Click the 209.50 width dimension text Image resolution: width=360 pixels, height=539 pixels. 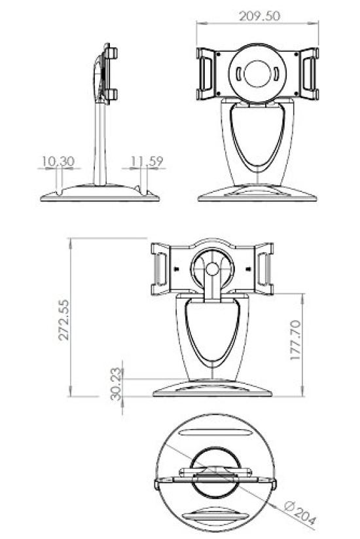[257, 16]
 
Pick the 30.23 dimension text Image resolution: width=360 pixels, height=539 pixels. [116, 383]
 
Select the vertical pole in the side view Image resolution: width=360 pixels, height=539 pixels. [101, 144]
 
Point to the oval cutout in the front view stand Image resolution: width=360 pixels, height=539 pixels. [258, 141]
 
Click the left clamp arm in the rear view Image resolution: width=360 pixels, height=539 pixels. [160, 269]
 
